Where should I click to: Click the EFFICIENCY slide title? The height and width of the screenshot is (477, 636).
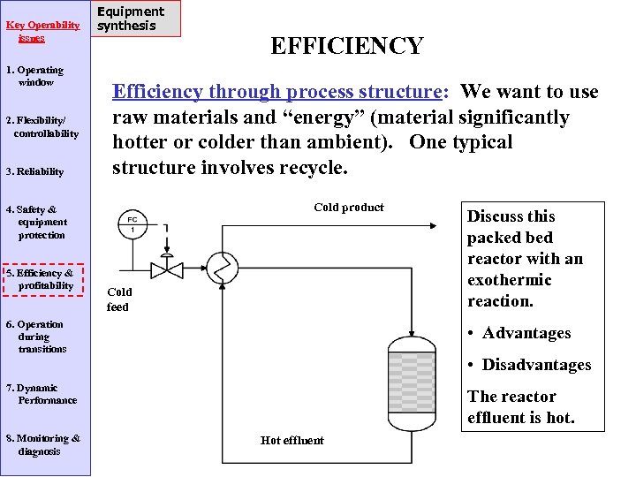click(x=346, y=46)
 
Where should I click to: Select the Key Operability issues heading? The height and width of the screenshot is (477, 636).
click(x=43, y=32)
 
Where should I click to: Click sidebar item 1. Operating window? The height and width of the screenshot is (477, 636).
click(x=35, y=76)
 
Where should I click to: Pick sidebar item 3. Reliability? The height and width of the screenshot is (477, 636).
click(x=35, y=171)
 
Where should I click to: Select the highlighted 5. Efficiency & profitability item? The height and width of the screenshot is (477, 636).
click(x=42, y=279)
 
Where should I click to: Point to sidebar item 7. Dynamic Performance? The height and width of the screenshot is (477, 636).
click(x=42, y=394)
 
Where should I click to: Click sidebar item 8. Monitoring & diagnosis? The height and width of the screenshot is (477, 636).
click(x=42, y=444)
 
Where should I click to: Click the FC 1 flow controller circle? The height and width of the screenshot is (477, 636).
click(x=132, y=224)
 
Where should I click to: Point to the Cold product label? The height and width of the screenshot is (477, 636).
click(x=349, y=208)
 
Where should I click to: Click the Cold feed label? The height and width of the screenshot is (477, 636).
click(x=118, y=299)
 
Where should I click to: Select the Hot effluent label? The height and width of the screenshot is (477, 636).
click(x=292, y=440)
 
